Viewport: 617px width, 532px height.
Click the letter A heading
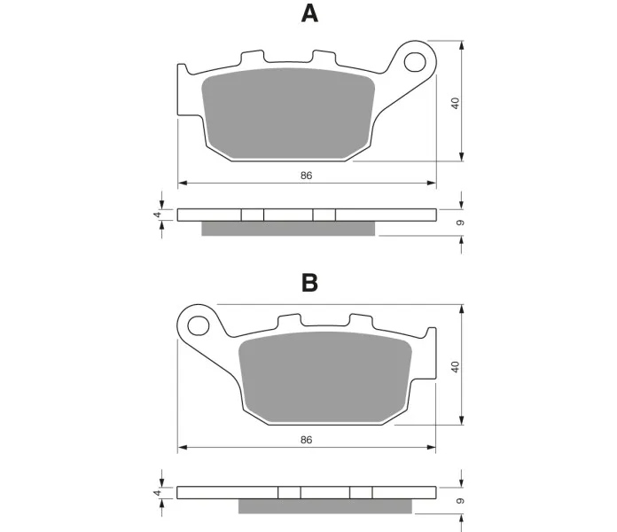309,14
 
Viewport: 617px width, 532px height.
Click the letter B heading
309,283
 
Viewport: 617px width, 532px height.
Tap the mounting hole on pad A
415,62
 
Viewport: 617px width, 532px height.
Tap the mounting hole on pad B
199,326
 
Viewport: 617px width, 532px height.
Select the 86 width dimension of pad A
306,176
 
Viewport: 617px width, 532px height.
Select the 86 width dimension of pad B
306,440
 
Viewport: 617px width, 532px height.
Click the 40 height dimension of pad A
456,104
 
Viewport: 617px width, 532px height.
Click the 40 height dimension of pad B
456,367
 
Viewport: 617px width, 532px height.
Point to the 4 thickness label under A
158,215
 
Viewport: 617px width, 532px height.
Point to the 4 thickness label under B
158,493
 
